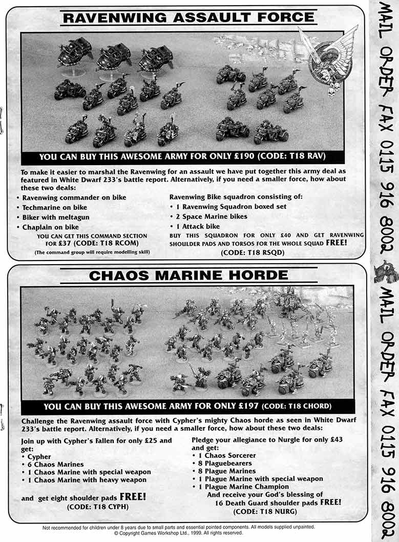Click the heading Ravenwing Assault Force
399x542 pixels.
(x=187, y=17)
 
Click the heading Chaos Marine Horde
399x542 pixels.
(x=188, y=275)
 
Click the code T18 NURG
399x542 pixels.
(x=259, y=511)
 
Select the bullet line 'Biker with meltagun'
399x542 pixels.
(x=54, y=217)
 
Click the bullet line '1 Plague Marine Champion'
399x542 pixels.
(x=244, y=486)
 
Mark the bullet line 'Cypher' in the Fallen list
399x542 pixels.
(x=39, y=456)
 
